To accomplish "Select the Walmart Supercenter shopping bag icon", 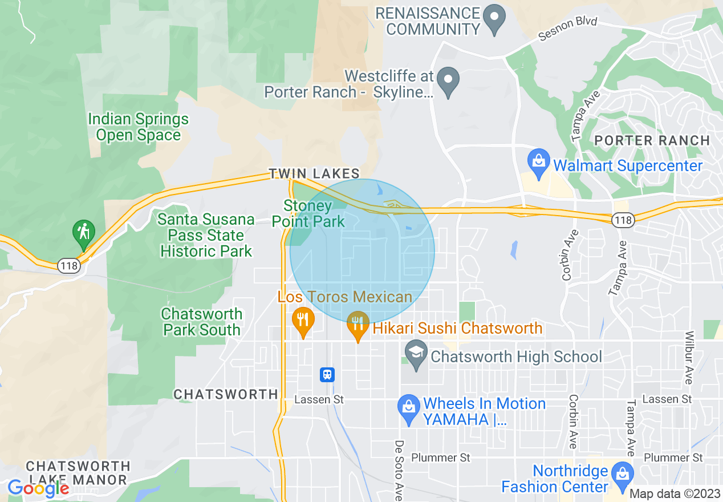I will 538,160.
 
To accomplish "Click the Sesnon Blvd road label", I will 568,29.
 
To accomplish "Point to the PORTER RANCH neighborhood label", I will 652,140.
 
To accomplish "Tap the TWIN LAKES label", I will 314,173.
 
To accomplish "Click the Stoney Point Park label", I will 308,213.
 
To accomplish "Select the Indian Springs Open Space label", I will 138,127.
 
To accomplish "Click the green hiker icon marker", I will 84,233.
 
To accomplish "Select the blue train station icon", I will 327,374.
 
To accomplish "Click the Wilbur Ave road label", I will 689,357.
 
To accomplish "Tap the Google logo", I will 38,488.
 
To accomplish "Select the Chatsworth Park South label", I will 201,322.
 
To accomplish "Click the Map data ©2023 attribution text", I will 675,494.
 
